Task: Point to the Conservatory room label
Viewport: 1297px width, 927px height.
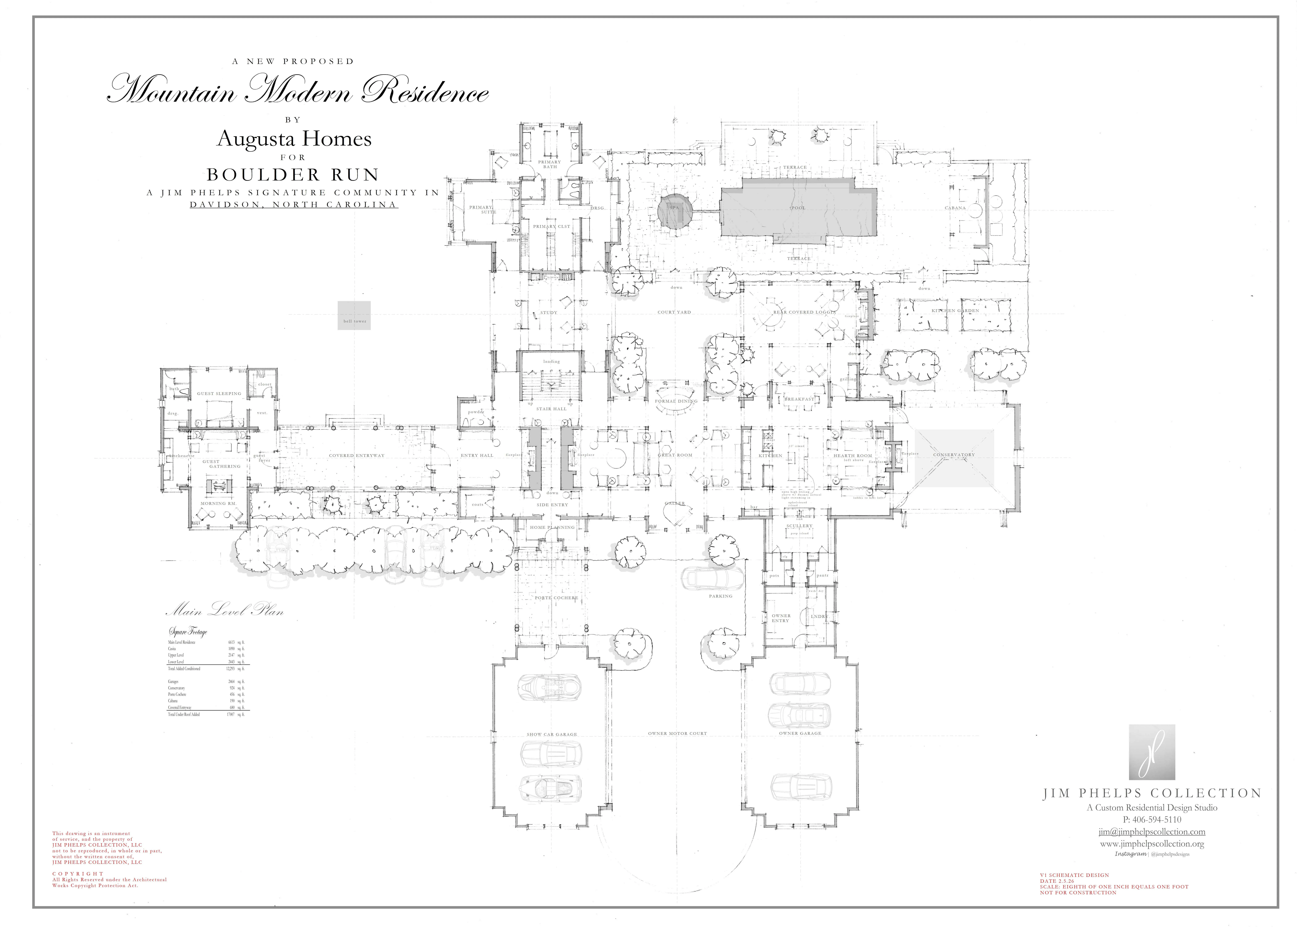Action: tap(954, 455)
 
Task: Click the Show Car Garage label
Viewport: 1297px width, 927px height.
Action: tap(552, 734)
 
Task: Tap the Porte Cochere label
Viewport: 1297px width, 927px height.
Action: tap(556, 598)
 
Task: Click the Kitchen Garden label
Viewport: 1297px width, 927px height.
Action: tap(955, 311)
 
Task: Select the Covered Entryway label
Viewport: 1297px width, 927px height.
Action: tap(357, 455)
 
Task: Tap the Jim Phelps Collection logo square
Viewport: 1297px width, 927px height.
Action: tap(1152, 752)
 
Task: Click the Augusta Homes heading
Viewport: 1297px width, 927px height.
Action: tap(294, 139)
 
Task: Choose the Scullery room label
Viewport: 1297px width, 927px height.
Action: tap(799, 526)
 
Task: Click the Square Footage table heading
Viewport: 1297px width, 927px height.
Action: tap(188, 631)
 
